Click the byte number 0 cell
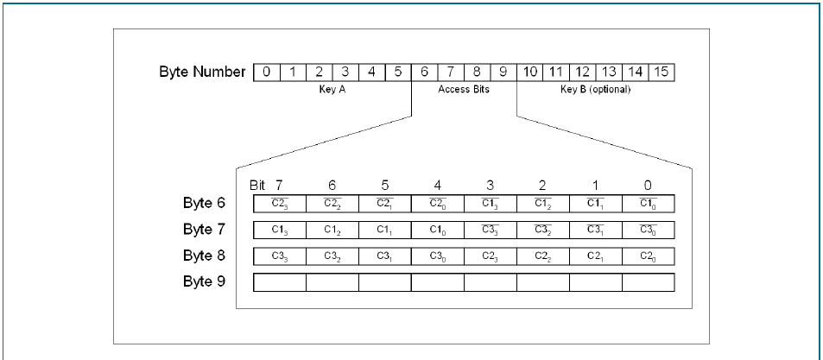click(x=267, y=72)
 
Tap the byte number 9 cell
click(x=503, y=72)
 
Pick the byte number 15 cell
click(x=662, y=72)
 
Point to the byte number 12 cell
click(x=583, y=72)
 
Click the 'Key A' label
click(x=332, y=89)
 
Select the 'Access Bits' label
click(x=464, y=89)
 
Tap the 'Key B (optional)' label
click(x=596, y=89)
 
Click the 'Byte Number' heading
click(x=202, y=72)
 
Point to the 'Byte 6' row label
click(x=204, y=204)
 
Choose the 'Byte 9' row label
click(x=204, y=281)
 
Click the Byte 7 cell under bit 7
click(x=279, y=231)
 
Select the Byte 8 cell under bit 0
click(x=648, y=256)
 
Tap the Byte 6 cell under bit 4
click(x=437, y=204)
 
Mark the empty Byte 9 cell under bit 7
click(x=279, y=282)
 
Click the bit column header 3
click(x=490, y=185)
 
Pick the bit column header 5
click(x=384, y=185)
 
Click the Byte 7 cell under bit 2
click(x=542, y=231)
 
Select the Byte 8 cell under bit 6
click(x=332, y=256)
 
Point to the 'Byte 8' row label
click(x=204, y=256)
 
